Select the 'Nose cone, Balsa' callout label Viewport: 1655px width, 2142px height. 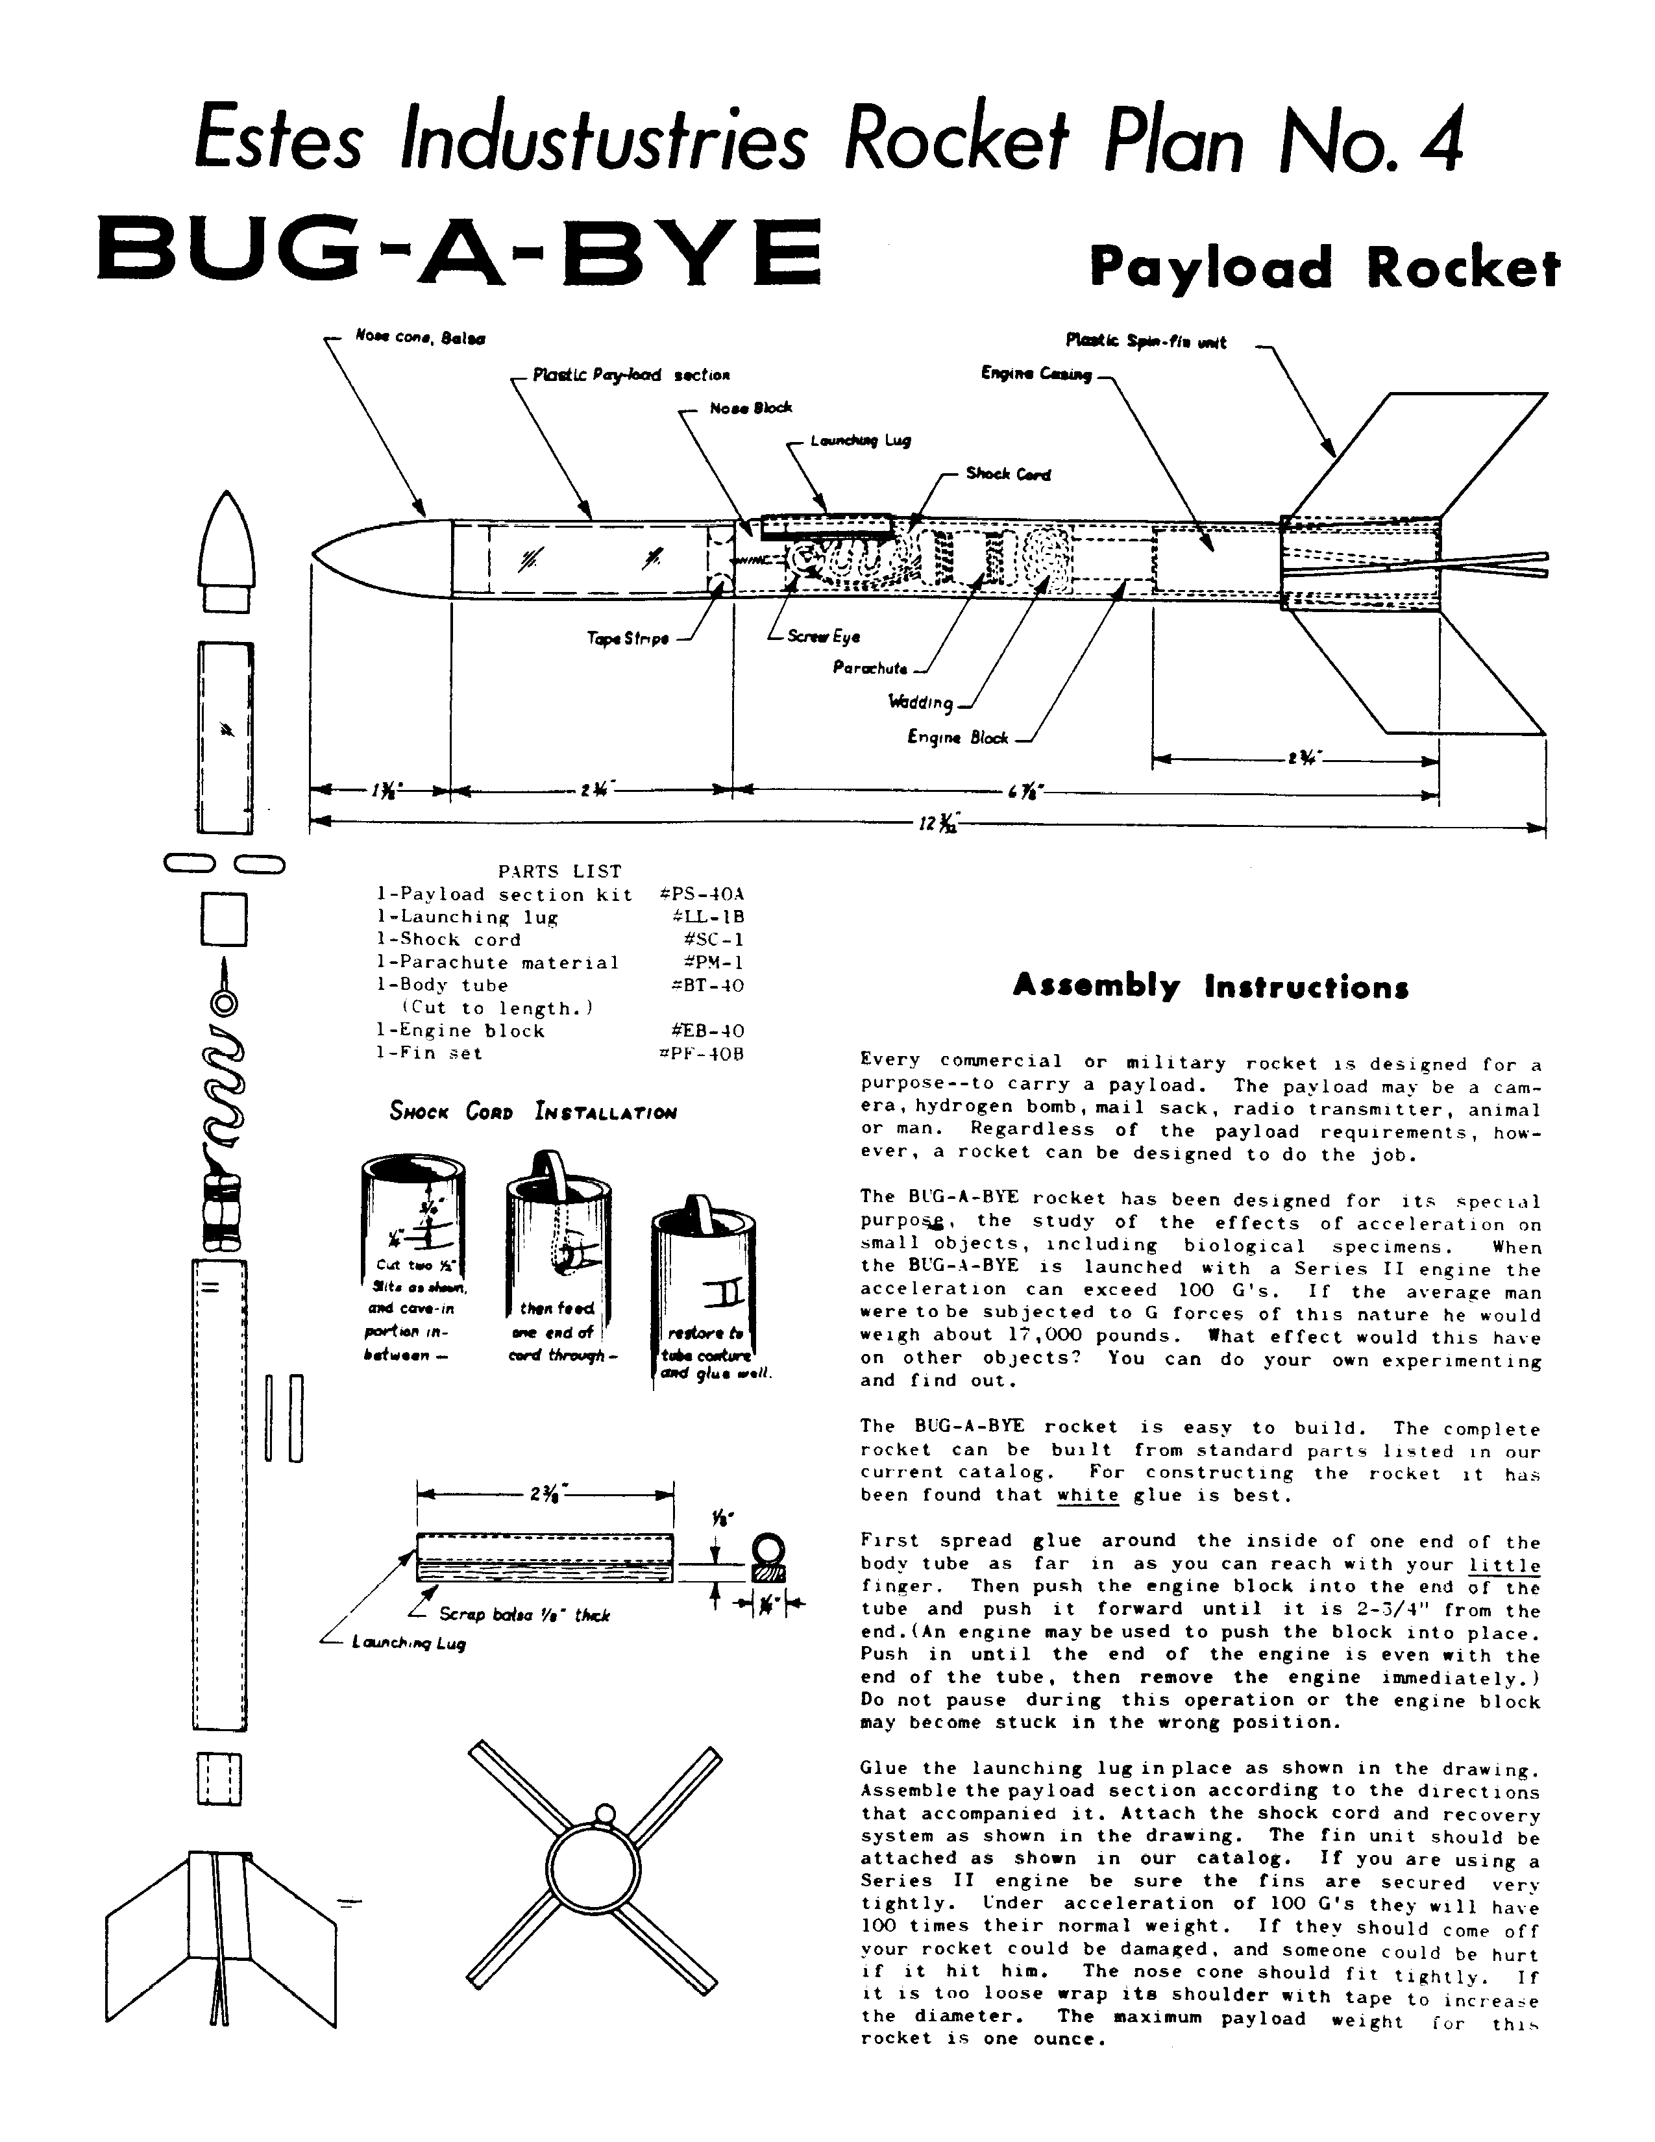tap(420, 338)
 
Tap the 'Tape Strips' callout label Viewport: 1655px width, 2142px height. tap(628, 639)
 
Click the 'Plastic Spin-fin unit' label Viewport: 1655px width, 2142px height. tap(1145, 341)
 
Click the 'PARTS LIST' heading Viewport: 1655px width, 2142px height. tap(560, 871)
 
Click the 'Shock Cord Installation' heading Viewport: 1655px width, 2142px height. tap(532, 1112)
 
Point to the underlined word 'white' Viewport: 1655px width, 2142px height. tap(1087, 1495)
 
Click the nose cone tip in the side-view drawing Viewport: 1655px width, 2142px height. tap(315, 555)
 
